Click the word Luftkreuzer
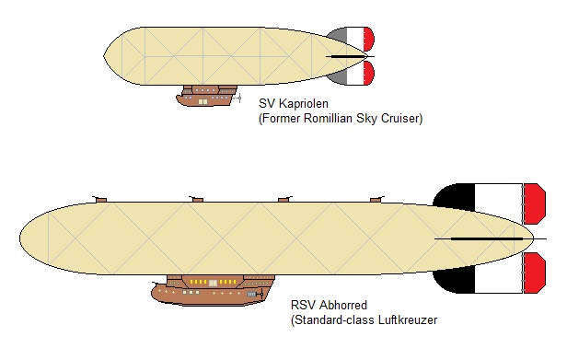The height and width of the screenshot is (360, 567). click(404, 320)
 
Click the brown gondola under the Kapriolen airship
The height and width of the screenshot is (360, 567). click(207, 96)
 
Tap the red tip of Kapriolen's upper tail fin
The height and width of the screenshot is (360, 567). click(369, 39)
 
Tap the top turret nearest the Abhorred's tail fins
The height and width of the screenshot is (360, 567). click(375, 198)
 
